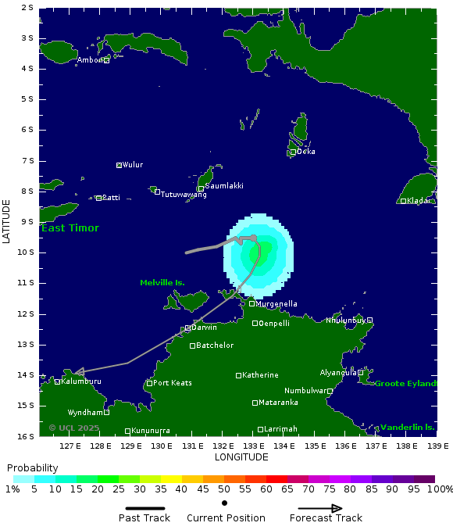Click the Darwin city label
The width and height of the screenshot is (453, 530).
pos(205,328)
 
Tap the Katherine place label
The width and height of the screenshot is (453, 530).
pos(260,375)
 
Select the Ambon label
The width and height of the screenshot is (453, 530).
pos(90,60)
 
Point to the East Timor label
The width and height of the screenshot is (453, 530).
pos(70,228)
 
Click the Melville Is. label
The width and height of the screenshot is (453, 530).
pos(162,283)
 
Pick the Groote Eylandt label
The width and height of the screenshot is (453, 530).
pos(405,384)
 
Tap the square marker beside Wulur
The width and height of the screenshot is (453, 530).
pos(119,165)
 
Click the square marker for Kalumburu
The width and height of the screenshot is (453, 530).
pos(58,381)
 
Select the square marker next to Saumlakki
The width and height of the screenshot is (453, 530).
pos(201,188)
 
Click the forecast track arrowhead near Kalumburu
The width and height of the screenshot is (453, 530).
pos(79,372)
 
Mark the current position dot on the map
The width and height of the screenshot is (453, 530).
pos(253,238)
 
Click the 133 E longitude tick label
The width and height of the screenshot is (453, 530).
pos(254,446)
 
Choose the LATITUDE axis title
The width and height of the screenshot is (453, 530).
pos(7,221)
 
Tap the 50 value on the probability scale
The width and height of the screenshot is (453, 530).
pos(224,489)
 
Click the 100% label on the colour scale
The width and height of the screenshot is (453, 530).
pos(440,489)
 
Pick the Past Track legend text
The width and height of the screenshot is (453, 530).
pos(144,518)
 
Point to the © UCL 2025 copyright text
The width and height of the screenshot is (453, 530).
pos(74,428)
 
